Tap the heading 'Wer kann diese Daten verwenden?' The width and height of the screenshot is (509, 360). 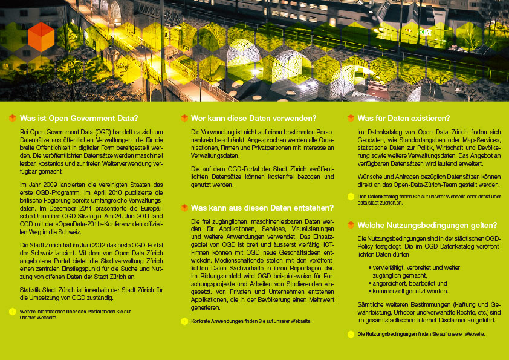coord(253,118)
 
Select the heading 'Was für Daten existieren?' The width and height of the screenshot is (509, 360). coord(403,118)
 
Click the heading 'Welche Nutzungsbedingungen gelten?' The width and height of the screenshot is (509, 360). coord(424,225)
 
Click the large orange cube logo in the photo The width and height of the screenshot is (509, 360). coord(41,37)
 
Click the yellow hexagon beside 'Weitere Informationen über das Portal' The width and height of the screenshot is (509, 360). coord(12,312)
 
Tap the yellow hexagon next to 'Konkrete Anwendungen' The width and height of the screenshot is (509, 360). coord(184,321)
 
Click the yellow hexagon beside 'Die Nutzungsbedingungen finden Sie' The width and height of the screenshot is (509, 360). coord(351,334)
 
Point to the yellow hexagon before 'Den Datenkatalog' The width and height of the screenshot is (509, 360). coord(351,197)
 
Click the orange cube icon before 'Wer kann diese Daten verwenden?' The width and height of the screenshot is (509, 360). coord(184,118)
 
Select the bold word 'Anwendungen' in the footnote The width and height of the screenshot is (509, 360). coord(227,321)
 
